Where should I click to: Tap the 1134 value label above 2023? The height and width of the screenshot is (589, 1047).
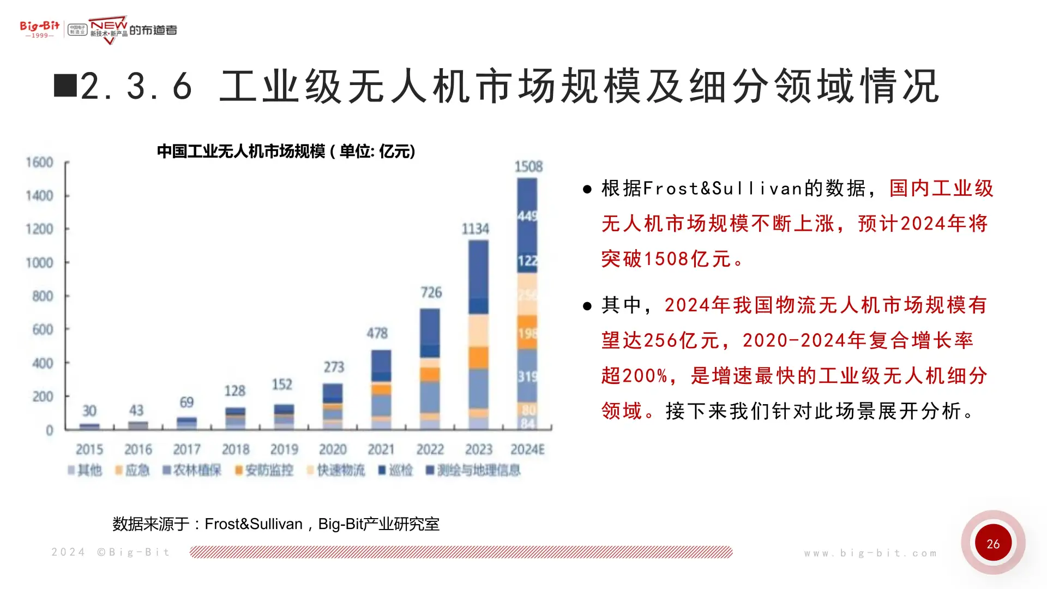[476, 229]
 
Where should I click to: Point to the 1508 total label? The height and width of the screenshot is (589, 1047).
[528, 166]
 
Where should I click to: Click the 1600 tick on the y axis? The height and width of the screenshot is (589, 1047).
[39, 163]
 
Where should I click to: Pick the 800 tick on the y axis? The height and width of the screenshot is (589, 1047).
[43, 296]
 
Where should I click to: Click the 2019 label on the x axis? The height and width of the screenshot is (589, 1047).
[284, 449]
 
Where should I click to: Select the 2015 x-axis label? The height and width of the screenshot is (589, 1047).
[89, 449]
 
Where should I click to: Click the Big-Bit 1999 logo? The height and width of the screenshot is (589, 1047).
[39, 29]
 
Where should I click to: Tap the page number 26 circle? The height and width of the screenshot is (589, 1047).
[993, 543]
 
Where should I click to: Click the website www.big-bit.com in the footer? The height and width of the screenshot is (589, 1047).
[870, 553]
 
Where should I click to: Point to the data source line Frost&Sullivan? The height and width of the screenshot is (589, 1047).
[275, 524]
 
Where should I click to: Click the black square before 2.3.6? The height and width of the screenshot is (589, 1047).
[65, 86]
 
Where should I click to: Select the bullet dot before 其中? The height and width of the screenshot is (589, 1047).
[587, 306]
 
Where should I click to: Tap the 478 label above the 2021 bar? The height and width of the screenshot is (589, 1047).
[377, 333]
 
